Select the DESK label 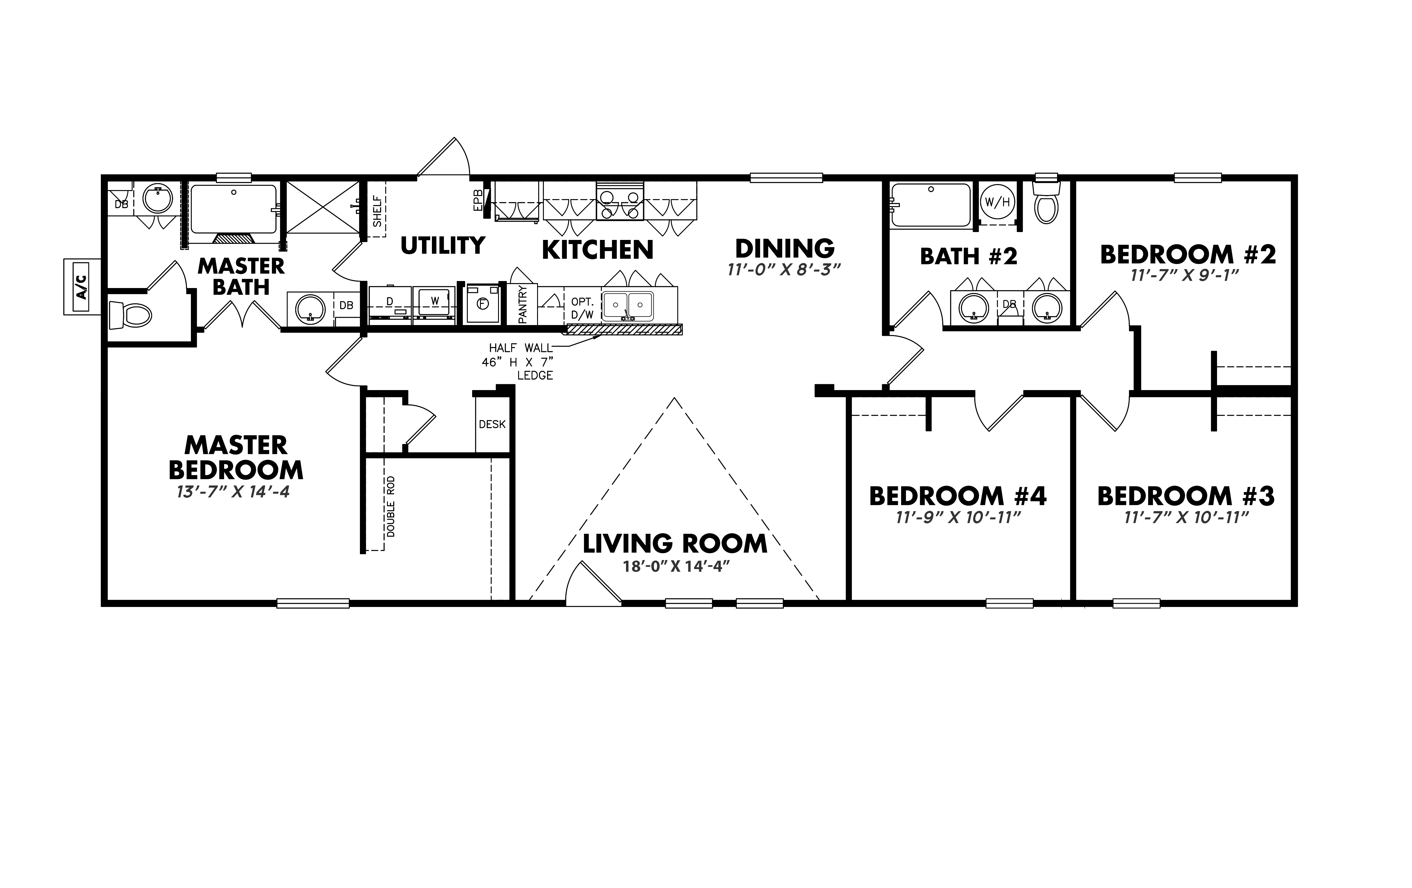[492, 424]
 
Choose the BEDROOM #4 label [958, 496]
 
